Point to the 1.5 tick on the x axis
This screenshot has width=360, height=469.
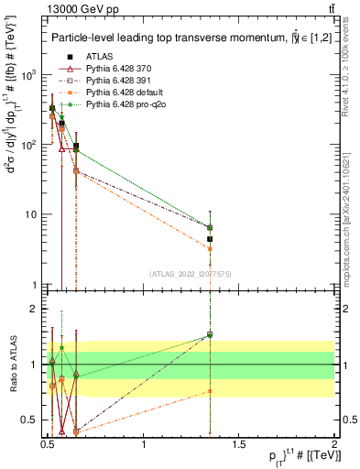point(240,445)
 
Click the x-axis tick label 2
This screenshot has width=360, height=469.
point(335,445)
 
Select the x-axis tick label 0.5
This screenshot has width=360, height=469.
point(49,445)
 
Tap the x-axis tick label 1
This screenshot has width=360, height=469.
point(145,445)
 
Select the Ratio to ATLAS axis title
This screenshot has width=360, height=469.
point(12,364)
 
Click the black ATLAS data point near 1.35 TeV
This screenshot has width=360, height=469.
point(210,239)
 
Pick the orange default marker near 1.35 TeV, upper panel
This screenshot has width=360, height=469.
point(210,248)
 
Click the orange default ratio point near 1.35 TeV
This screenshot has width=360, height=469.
point(210,391)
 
